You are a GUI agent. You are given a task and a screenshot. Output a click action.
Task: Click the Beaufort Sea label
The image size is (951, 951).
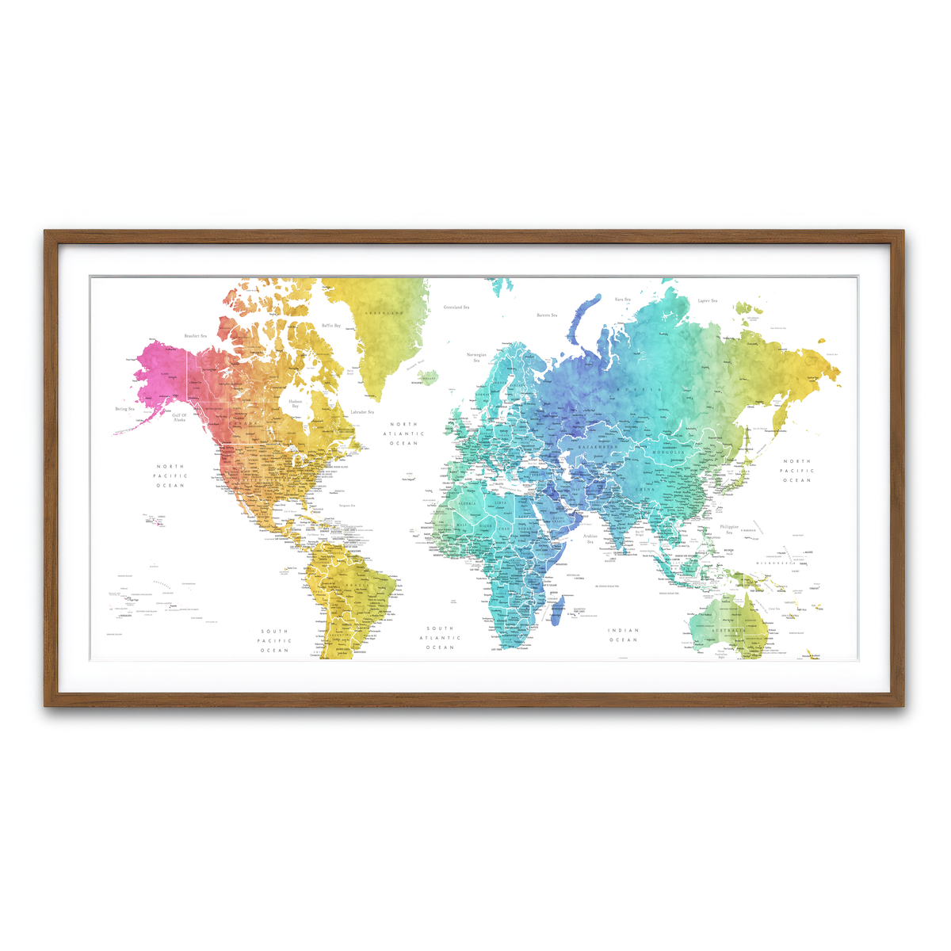pyautogui.click(x=195, y=336)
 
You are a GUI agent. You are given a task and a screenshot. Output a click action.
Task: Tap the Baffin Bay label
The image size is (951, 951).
pyautogui.click(x=331, y=326)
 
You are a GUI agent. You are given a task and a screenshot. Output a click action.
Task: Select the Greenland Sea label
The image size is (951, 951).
pyautogui.click(x=456, y=307)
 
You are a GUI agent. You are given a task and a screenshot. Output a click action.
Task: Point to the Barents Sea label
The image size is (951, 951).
pyautogui.click(x=547, y=315)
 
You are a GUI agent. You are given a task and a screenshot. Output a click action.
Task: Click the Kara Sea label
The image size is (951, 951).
pyautogui.click(x=623, y=300)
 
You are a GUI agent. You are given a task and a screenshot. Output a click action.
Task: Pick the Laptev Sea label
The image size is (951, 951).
pyautogui.click(x=707, y=301)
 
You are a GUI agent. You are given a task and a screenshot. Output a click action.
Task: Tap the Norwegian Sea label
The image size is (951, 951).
pyautogui.click(x=476, y=357)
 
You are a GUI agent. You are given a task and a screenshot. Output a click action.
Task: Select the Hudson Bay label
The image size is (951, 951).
pyautogui.click(x=295, y=403)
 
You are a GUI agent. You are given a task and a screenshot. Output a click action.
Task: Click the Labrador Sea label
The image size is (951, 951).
pyautogui.click(x=362, y=412)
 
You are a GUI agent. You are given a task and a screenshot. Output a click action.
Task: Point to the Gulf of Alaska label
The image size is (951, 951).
pyautogui.click(x=179, y=417)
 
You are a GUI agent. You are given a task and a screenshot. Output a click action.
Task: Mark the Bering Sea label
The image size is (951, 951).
pyautogui.click(x=125, y=410)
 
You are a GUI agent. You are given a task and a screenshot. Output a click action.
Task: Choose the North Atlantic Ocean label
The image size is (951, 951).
pyautogui.click(x=403, y=433)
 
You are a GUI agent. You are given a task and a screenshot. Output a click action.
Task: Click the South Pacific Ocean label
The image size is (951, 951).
pyautogui.click(x=275, y=641)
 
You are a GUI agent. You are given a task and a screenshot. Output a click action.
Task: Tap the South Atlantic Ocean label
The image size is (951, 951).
pyautogui.click(x=440, y=638)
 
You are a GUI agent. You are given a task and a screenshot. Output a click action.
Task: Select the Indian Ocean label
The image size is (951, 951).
pyautogui.click(x=624, y=635)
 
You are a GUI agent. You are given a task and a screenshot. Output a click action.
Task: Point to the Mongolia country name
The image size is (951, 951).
pyautogui.click(x=668, y=453)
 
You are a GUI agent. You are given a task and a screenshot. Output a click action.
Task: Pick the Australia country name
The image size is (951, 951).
pyautogui.click(x=728, y=631)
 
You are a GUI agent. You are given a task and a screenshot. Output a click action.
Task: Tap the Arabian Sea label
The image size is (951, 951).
pyautogui.click(x=590, y=539)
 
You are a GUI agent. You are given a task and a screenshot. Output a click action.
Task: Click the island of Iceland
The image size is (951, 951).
pyautogui.click(x=428, y=376)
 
